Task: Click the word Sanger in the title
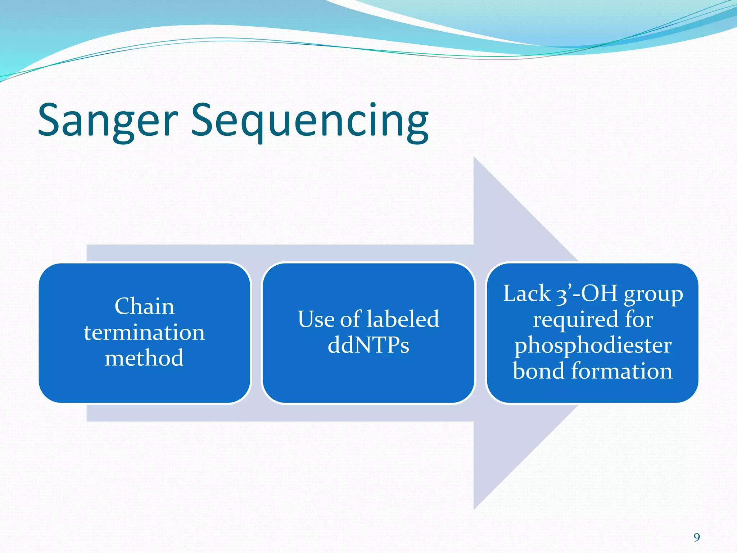(108, 121)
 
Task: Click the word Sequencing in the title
(309, 121)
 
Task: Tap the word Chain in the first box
(144, 306)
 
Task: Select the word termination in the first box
(144, 332)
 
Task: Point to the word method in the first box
(144, 358)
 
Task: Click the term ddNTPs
(368, 345)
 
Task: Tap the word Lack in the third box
(526, 293)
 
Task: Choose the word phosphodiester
(593, 346)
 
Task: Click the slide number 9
(697, 538)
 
